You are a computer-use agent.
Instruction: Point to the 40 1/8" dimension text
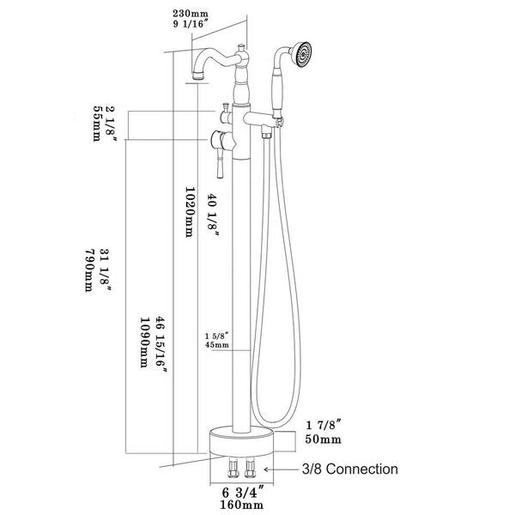coord(215,215)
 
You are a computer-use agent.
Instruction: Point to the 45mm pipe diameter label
coord(216,345)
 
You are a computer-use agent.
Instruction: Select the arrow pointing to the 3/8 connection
coord(277,470)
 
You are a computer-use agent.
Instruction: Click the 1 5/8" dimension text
coord(217,334)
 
